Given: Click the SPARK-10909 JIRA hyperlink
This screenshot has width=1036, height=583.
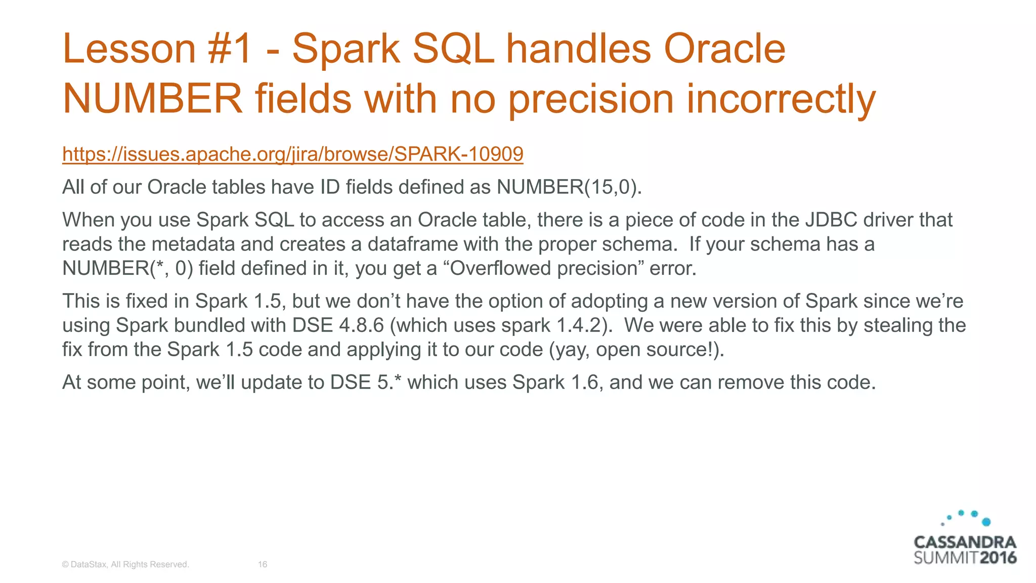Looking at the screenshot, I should (292, 154).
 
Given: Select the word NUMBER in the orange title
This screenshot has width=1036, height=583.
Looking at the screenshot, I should (152, 99).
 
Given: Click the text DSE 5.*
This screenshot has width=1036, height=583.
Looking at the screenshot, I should (366, 383).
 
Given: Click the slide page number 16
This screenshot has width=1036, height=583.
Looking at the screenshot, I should (262, 564).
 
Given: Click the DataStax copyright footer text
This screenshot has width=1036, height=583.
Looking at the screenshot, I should (125, 564).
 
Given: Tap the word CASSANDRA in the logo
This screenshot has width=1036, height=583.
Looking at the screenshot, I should (964, 543).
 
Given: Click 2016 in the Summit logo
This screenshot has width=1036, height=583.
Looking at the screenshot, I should (997, 558).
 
